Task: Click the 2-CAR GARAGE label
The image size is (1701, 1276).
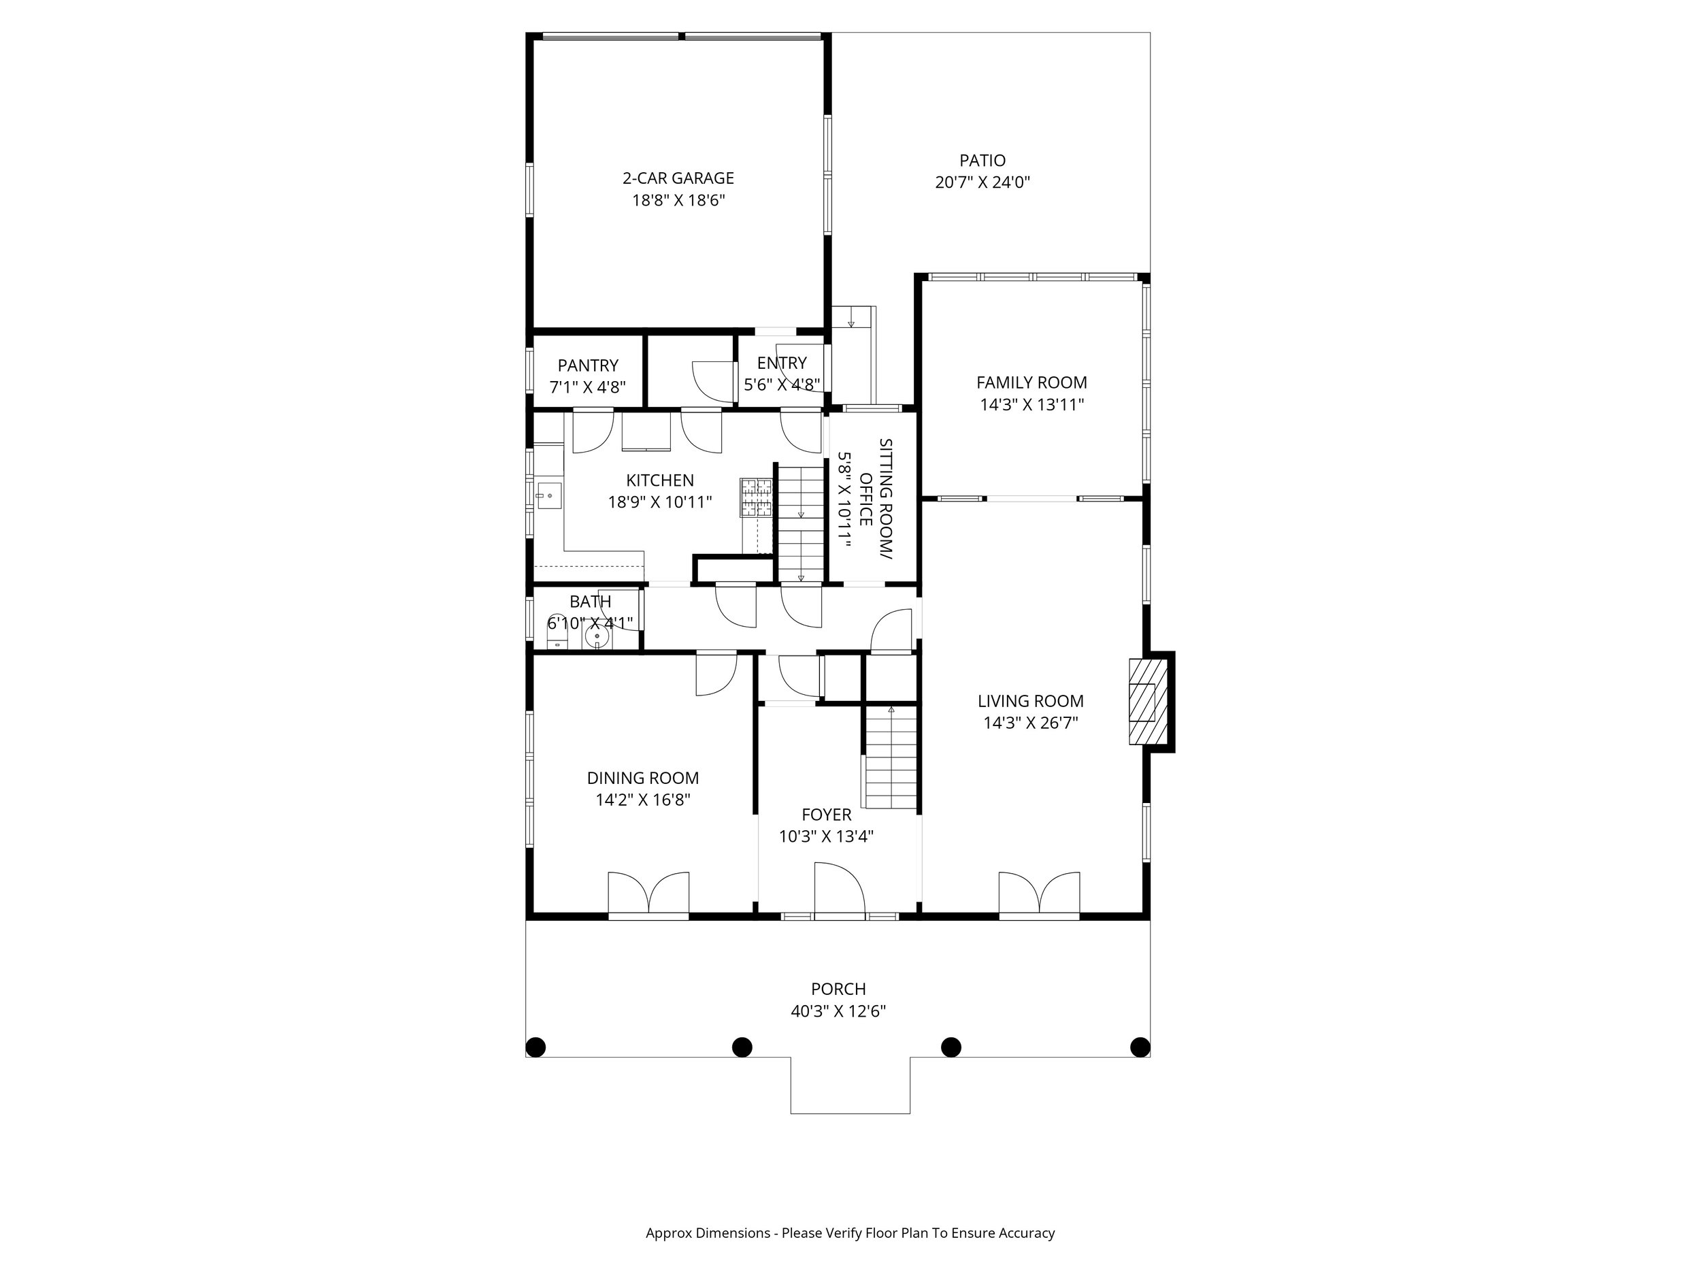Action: [x=678, y=178]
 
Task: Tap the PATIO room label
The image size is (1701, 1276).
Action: [x=982, y=161]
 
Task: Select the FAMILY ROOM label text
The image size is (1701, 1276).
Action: [x=1031, y=383]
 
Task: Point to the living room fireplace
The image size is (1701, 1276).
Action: [x=1147, y=702]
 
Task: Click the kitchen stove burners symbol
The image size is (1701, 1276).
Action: [x=756, y=497]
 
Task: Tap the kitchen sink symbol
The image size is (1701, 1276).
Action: [x=549, y=496]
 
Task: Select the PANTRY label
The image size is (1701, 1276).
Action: [x=589, y=366]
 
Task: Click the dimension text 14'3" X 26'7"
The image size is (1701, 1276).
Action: [x=1030, y=723]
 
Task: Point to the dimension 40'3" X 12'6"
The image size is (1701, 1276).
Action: [x=838, y=1011]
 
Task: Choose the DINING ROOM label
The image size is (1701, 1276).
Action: [x=643, y=779]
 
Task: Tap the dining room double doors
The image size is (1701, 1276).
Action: [x=648, y=892]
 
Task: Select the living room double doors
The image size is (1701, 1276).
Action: [x=1039, y=892]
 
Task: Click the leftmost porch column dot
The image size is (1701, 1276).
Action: [x=535, y=1047]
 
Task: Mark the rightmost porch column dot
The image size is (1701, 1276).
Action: [x=1140, y=1047]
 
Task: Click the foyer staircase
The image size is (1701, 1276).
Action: [x=891, y=757]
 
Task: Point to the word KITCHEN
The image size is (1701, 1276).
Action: [x=660, y=480]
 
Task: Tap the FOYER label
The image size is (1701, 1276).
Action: [x=827, y=815]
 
